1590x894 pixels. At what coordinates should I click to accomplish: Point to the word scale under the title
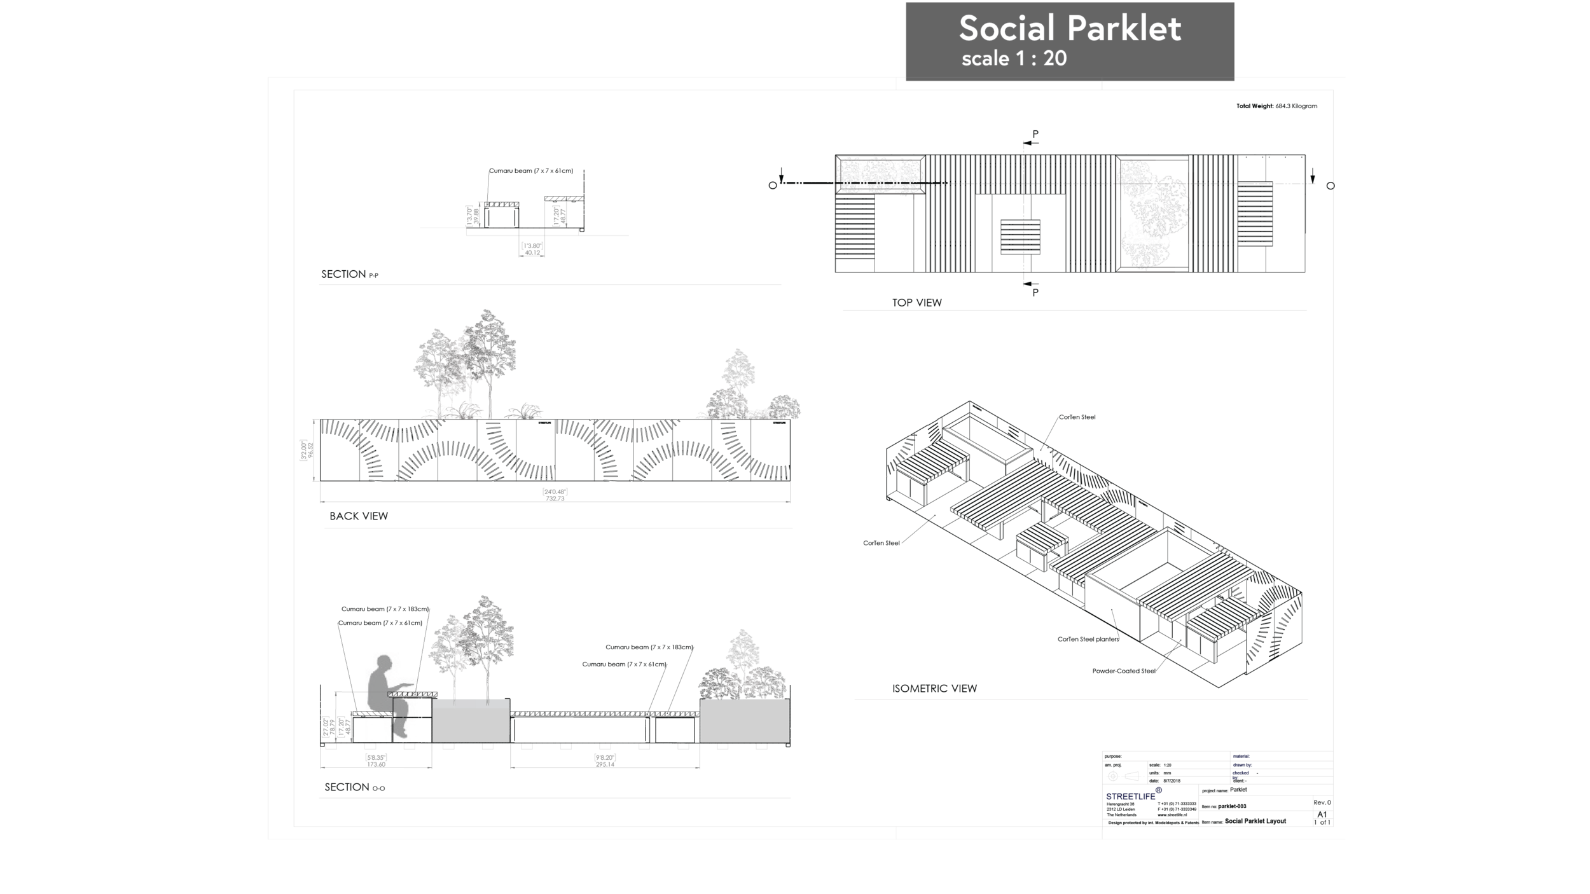[986, 59]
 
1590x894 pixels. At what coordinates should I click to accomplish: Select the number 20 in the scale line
[1055, 59]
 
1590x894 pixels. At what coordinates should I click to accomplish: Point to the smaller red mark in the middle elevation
[487, 452]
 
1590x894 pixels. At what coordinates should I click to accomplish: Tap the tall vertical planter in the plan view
[1151, 215]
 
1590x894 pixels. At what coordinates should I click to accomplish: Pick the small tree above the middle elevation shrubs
[738, 368]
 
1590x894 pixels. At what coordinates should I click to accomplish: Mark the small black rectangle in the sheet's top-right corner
[1283, 113]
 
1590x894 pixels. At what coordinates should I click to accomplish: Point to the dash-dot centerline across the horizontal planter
[881, 183]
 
